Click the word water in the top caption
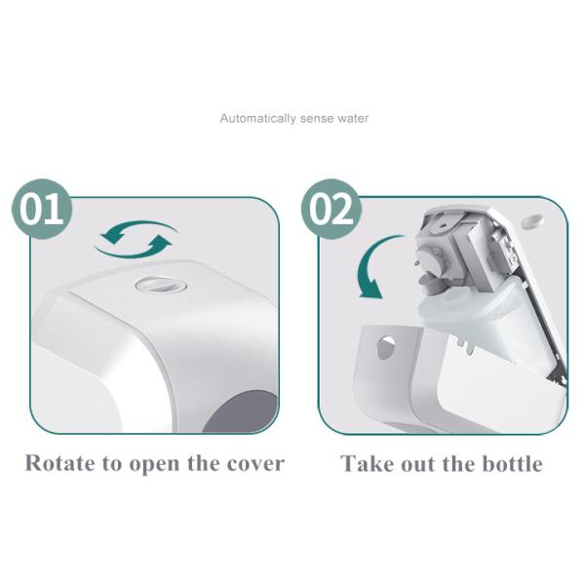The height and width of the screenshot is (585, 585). click(353, 119)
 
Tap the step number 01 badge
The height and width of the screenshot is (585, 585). click(41, 209)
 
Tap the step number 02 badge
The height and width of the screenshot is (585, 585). click(331, 209)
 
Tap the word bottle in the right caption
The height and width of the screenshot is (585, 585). click(507, 463)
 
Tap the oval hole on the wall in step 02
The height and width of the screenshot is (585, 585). click(531, 222)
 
